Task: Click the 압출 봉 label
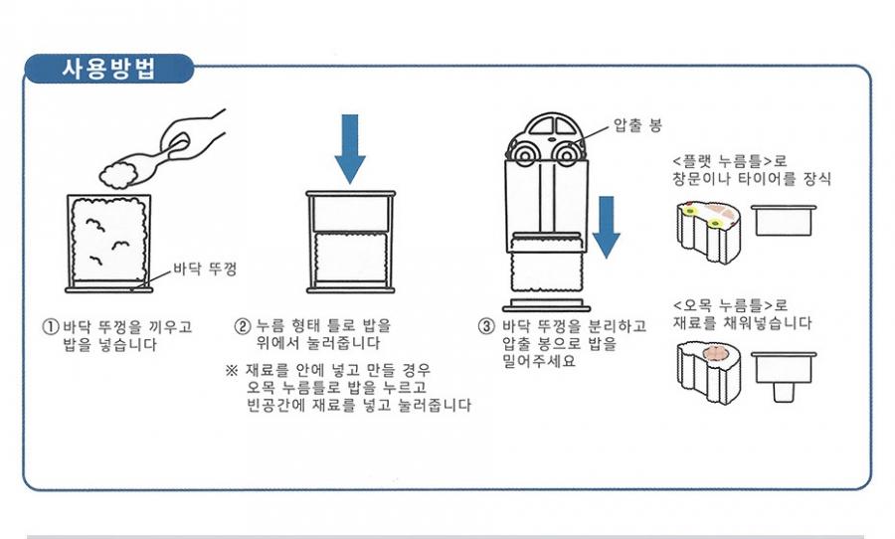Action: [x=636, y=125]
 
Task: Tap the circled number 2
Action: [x=242, y=326]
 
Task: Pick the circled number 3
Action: [x=486, y=326]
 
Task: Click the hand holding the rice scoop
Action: [x=194, y=138]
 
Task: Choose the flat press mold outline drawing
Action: [x=785, y=219]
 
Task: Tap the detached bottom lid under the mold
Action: [x=545, y=300]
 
